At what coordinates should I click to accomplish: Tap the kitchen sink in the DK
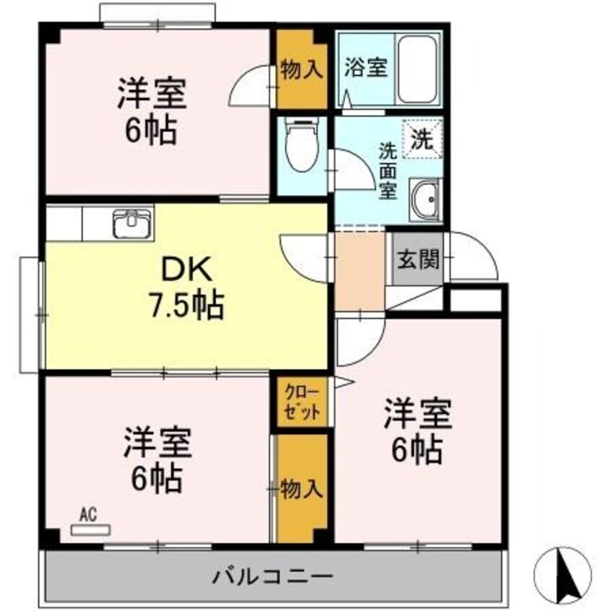pos(133,223)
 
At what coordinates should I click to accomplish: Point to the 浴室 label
pos(365,68)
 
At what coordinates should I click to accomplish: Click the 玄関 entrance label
pos(418,259)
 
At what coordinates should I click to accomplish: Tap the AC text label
pos(88,514)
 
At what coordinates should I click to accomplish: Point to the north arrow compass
pos(562,575)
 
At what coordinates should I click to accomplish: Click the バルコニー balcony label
pos(272,577)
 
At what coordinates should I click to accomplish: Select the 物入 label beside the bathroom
pos(301,70)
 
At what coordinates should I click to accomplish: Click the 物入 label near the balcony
pos(301,488)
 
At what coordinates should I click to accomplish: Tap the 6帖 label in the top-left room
pos(150,131)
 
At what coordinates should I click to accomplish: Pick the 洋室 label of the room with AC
pos(157,443)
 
